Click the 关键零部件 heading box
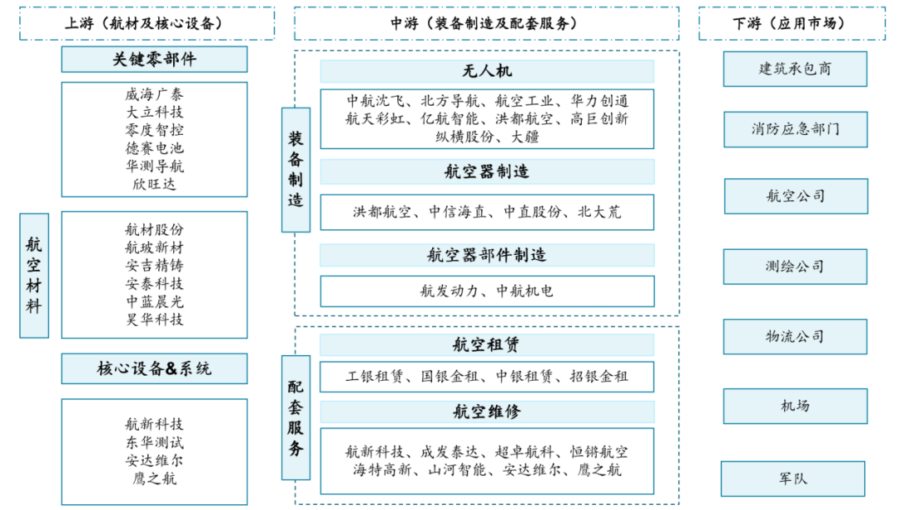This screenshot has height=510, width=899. coord(154,59)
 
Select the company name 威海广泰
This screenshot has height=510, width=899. coord(154,94)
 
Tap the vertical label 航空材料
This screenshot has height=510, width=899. coord(34,275)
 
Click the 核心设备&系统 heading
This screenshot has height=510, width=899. coord(154,368)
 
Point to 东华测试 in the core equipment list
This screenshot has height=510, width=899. coord(154,442)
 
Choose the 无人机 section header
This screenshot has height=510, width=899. coord(487,72)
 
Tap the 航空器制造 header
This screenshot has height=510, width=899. coord(487,172)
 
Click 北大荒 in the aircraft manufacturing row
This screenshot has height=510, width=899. coord(599,212)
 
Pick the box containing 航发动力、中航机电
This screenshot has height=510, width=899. coord(487,291)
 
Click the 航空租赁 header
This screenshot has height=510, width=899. coord(487,344)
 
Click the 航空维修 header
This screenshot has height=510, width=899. coord(487,411)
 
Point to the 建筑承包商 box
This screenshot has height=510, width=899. coord(794,69)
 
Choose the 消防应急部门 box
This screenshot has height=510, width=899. coord(794,129)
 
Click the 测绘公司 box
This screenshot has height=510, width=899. coord(794,267)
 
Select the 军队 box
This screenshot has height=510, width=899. coord(792,478)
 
